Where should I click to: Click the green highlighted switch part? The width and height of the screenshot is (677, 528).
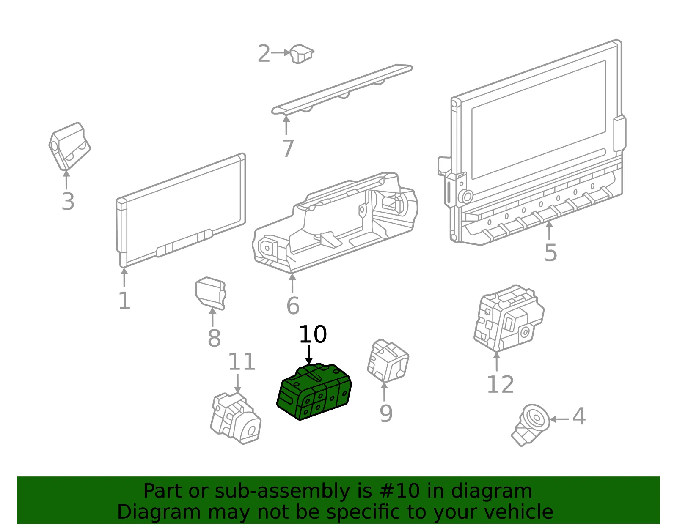[314, 391]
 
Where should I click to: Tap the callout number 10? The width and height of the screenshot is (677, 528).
[313, 334]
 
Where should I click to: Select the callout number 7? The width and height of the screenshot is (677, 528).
[288, 148]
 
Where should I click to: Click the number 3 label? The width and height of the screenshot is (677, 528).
[68, 201]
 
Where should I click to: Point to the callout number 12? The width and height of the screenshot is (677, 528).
[500, 385]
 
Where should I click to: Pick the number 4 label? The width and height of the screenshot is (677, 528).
[579, 416]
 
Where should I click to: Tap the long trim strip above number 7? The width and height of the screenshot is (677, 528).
[342, 89]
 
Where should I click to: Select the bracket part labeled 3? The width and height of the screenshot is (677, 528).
[69, 146]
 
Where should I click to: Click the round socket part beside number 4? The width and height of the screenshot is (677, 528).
[531, 424]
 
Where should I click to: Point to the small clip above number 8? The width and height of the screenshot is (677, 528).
[211, 293]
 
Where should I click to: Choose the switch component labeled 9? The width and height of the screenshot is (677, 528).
[388, 361]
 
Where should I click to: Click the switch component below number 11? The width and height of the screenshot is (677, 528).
[236, 419]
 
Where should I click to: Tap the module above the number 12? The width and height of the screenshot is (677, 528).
[509, 319]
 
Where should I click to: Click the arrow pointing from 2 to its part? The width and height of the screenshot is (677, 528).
[281, 52]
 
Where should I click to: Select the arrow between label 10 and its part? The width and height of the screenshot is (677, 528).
[309, 354]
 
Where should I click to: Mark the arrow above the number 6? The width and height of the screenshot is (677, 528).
[292, 283]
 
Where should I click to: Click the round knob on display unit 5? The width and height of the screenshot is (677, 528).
[467, 196]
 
